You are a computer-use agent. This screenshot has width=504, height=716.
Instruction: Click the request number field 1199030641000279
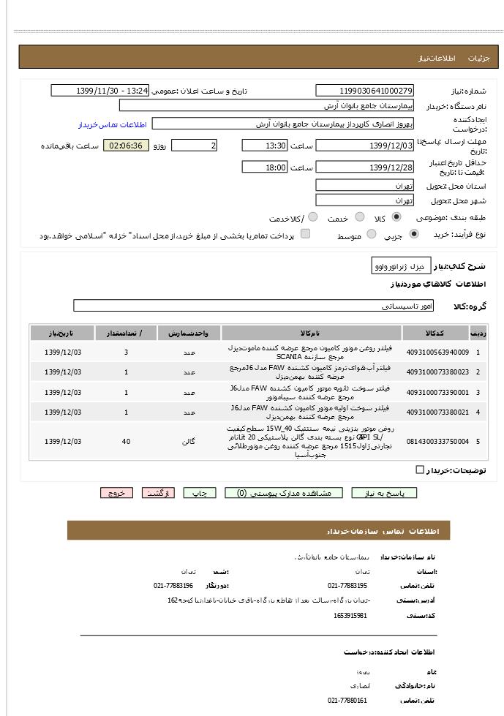point(365,91)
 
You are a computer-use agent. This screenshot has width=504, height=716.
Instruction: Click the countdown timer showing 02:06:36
point(126,146)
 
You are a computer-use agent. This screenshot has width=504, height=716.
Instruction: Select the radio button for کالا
point(396,217)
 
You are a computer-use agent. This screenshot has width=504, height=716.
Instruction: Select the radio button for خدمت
point(360,217)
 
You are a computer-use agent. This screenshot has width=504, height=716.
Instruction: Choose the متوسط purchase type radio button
point(372,235)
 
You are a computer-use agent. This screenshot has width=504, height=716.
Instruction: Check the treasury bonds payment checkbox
point(306,234)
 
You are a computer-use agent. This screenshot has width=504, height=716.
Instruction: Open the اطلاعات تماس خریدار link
point(112,124)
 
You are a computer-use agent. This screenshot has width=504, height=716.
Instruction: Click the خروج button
point(117,493)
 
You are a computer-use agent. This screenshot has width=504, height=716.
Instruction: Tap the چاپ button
point(199,493)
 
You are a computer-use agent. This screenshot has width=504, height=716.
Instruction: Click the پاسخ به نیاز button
point(384,493)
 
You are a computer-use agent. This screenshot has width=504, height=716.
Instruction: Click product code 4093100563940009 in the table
point(437,352)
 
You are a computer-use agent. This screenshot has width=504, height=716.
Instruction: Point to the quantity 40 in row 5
point(126,442)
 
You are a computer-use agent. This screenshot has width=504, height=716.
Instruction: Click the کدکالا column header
point(433,333)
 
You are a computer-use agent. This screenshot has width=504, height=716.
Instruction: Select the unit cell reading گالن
point(189,442)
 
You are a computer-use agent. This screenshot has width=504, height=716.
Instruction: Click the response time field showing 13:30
point(264,146)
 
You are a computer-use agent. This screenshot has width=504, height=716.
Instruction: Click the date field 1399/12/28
point(365,167)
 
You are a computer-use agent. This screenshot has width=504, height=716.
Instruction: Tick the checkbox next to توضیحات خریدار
point(420,470)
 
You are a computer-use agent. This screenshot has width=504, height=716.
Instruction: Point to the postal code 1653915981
point(350,616)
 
